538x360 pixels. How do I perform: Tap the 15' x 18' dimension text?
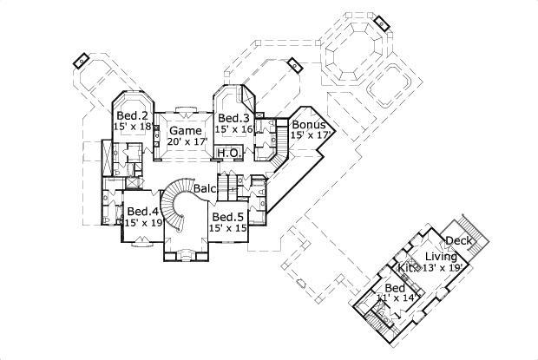[x=133, y=127]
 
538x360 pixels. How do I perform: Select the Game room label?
[x=185, y=130]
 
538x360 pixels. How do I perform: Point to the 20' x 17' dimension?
[x=186, y=141]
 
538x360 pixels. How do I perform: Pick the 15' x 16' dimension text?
[x=235, y=129]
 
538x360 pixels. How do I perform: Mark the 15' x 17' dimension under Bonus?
[x=312, y=135]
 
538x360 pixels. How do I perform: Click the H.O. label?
[x=228, y=153]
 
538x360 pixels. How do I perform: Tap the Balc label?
[x=205, y=187]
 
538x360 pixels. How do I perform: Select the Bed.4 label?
[x=141, y=211]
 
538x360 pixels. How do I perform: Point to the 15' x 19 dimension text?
[x=144, y=223]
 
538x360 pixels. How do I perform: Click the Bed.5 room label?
[x=226, y=217]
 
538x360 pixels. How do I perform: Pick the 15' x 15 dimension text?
[x=229, y=228]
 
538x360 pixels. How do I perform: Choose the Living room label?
[x=440, y=256]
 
